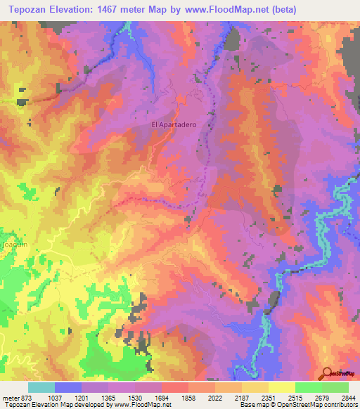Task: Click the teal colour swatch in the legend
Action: pyautogui.click(x=41, y=387)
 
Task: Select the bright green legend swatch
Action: pyautogui.click(x=308, y=387)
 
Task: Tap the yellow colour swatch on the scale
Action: pyautogui.click(x=281, y=387)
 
